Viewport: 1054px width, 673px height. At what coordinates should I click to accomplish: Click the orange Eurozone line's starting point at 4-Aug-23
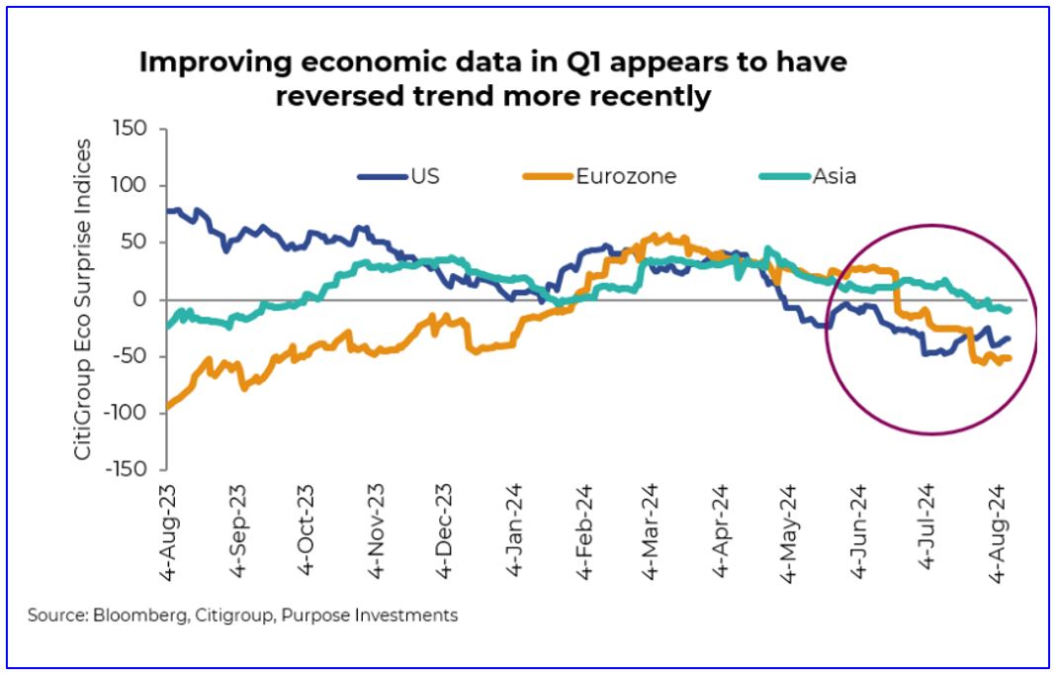coord(166,407)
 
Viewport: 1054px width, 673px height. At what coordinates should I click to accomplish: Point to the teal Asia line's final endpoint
coord(1009,310)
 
